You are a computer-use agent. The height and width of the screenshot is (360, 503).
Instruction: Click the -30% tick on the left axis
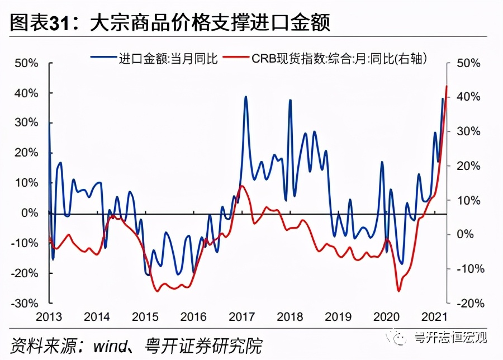(x=25, y=302)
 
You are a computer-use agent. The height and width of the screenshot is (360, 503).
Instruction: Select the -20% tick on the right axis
(x=468, y=302)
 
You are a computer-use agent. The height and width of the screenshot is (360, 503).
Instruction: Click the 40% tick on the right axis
(x=468, y=97)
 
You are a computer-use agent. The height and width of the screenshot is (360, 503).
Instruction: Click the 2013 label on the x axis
(x=49, y=317)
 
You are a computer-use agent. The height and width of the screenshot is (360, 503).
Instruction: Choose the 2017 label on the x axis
(x=240, y=317)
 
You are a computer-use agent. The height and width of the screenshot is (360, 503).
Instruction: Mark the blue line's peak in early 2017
(x=246, y=97)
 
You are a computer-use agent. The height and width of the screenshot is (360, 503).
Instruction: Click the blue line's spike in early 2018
(x=290, y=100)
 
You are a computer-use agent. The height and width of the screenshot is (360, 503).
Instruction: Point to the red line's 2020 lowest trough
(x=398, y=291)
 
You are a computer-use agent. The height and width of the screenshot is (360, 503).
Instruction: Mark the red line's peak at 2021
(x=446, y=86)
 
